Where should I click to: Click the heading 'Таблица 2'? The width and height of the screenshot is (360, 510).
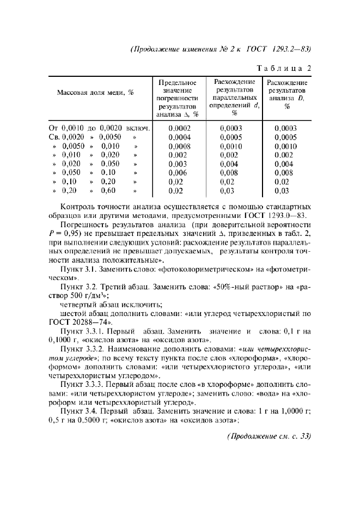pyautogui.click(x=284, y=69)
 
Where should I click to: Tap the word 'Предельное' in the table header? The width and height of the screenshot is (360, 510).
pyautogui.click(x=175, y=82)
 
